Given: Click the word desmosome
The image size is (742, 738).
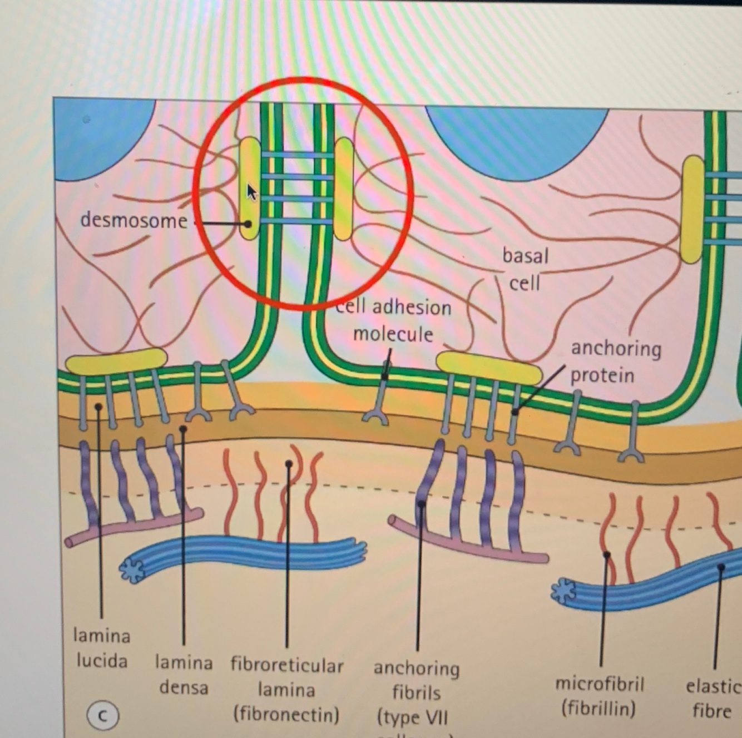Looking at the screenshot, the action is [133, 221].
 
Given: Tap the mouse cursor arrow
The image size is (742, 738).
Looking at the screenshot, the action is [251, 192].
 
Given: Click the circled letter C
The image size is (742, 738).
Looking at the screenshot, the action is [102, 716].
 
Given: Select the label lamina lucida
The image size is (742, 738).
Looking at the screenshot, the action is [102, 648].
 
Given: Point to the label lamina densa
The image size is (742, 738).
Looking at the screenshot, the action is [184, 675].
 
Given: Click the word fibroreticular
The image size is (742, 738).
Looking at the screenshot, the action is [287, 666].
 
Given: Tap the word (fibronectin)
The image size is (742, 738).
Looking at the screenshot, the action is [286, 714].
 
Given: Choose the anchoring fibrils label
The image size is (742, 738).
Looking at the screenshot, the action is [416, 681].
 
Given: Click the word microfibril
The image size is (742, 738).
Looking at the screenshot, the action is [600, 684].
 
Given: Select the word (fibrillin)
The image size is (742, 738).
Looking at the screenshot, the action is [598, 709].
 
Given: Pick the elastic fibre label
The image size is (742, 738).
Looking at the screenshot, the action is [713, 699].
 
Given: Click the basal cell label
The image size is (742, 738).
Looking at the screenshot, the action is [525, 269].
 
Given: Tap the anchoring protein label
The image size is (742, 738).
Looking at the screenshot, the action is [616, 361].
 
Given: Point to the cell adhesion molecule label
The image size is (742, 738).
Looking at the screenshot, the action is [394, 320].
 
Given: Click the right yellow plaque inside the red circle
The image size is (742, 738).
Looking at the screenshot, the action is [344, 189].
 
